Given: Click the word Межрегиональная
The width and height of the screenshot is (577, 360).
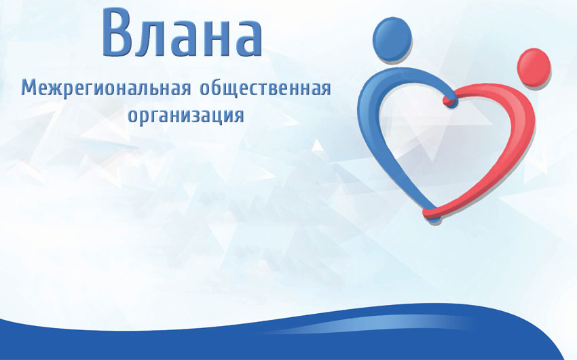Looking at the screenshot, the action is [x=107, y=89].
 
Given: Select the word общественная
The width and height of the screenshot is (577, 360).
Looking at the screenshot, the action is [x=265, y=88].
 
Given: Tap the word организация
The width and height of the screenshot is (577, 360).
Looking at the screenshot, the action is [x=185, y=115].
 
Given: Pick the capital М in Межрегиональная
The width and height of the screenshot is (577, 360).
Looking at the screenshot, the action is [x=29, y=88].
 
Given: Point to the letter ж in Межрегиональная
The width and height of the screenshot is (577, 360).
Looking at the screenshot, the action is [x=56, y=90].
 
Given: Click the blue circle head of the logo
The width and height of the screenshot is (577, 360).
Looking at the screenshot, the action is [x=392, y=39].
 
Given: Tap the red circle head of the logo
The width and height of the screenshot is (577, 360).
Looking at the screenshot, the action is [x=534, y=67].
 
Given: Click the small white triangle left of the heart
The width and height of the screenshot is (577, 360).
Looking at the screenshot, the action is [x=317, y=145].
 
